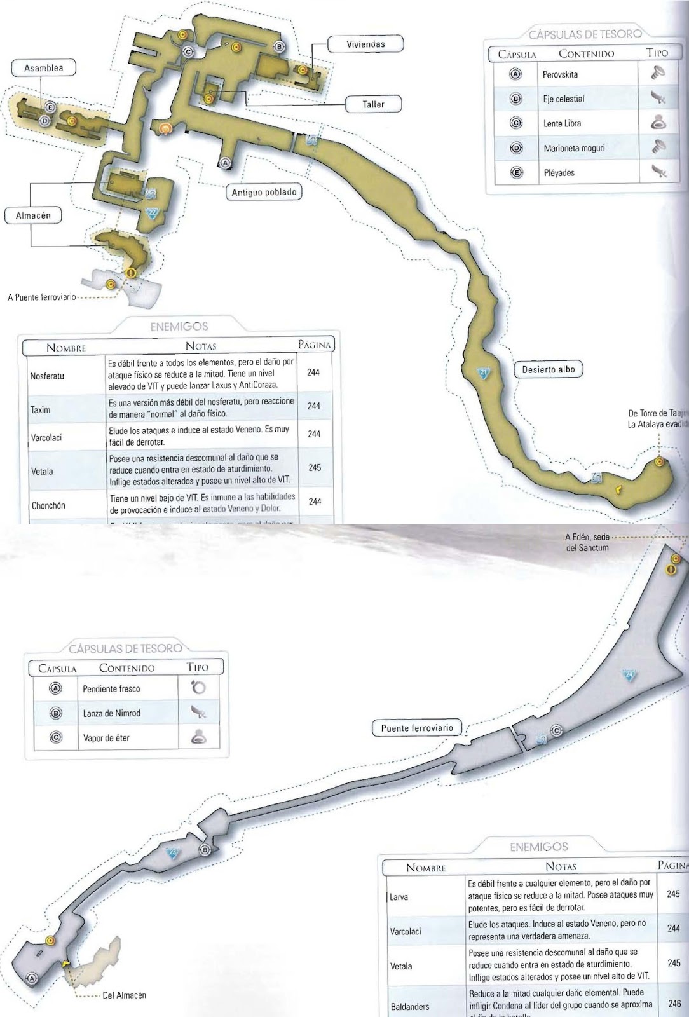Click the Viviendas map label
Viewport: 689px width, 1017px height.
coord(365,44)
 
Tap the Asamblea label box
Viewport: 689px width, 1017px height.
coord(43,68)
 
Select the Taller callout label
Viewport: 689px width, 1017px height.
coord(373,104)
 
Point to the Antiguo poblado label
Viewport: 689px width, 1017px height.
coord(264,193)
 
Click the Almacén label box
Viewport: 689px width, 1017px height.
coord(33,215)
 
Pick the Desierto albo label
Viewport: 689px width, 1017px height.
coord(548,369)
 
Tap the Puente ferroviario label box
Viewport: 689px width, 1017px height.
coord(417,728)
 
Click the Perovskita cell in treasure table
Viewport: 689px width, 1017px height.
coord(560,74)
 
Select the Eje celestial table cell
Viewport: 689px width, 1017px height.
coord(563,99)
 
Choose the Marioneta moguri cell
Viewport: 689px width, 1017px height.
coord(574,148)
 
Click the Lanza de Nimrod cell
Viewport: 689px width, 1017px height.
coord(111,713)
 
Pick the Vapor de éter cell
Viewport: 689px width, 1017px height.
coord(106,738)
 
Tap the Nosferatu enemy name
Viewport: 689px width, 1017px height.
coord(47,376)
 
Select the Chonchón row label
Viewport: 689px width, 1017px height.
coord(49,506)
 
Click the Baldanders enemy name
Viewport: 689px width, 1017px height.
coord(409,1007)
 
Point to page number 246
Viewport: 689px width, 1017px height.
coord(674,1004)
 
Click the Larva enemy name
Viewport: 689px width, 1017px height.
coord(399,897)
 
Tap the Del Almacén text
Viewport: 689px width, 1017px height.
coord(124,995)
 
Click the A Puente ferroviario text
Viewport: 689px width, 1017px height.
coord(42,297)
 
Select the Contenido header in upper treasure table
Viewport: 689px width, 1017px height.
coord(586,53)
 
